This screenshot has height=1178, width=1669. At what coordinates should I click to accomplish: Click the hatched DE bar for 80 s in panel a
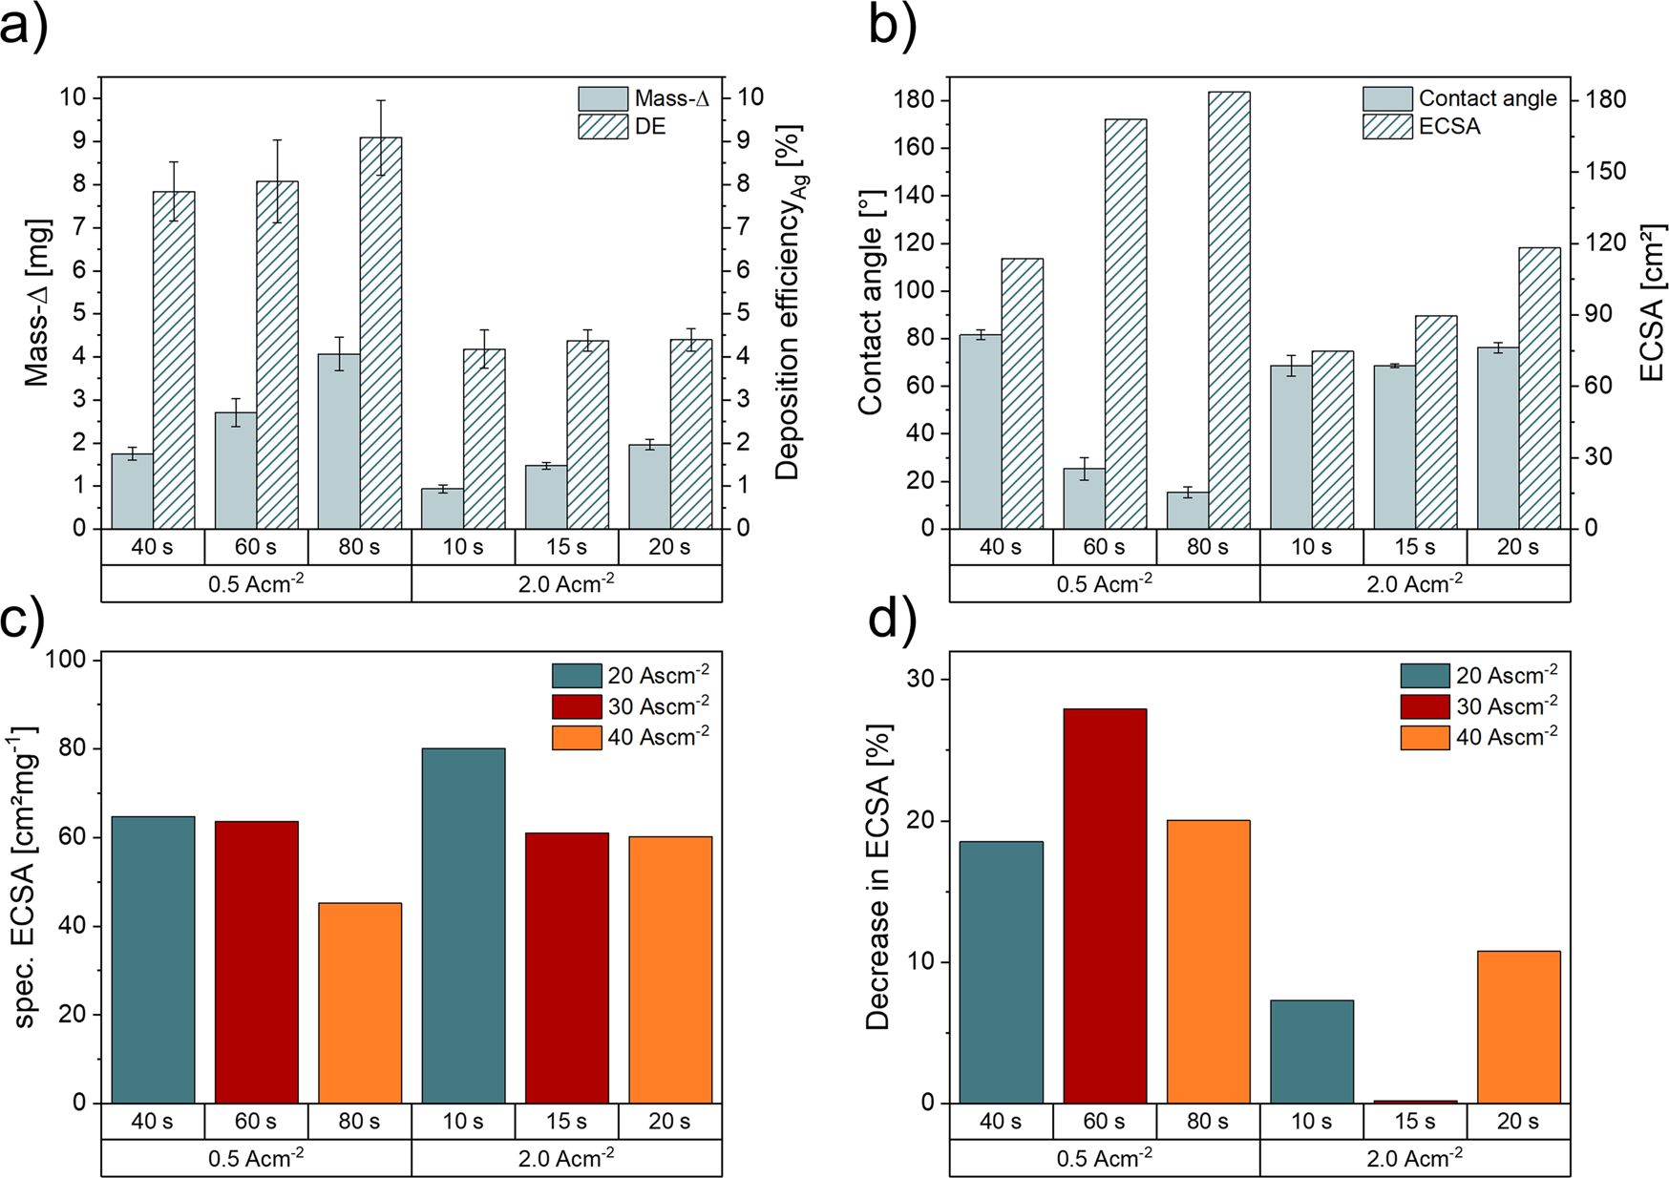coord(380,334)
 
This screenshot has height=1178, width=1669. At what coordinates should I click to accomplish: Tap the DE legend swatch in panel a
coord(602,127)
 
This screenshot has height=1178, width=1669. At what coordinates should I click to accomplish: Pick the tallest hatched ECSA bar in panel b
coord(1229,310)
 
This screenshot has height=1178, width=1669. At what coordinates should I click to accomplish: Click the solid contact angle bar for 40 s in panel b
coord(980,431)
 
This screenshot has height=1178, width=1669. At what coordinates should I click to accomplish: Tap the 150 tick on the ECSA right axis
coord(1605,171)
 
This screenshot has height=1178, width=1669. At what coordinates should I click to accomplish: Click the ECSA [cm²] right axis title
coord(1652,303)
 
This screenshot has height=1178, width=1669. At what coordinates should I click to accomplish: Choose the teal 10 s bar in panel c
coord(463,926)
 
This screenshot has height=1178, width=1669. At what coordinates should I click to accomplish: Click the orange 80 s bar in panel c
coord(360,1002)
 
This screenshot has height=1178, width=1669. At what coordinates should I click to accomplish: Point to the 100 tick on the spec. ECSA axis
coord(65,660)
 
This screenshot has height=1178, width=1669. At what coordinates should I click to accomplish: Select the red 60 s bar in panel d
coord(1104,907)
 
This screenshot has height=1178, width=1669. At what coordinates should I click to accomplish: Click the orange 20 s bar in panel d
coord(1518,1026)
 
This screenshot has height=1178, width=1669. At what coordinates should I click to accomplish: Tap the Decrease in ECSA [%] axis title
coord(877,876)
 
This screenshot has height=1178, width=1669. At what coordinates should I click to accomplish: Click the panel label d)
coord(891,621)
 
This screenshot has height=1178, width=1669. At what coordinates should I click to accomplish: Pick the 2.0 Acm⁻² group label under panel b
coord(1414,583)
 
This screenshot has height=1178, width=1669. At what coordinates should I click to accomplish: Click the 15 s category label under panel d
coord(1414,1122)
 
